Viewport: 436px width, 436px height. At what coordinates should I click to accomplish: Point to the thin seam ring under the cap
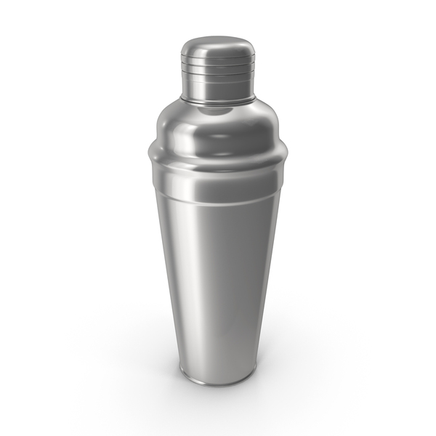(x=218, y=99)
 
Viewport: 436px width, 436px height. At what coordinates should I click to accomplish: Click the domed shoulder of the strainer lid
(x=218, y=124)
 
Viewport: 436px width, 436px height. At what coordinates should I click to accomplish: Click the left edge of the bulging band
(x=150, y=157)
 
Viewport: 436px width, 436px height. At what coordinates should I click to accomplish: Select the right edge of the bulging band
(x=287, y=157)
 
